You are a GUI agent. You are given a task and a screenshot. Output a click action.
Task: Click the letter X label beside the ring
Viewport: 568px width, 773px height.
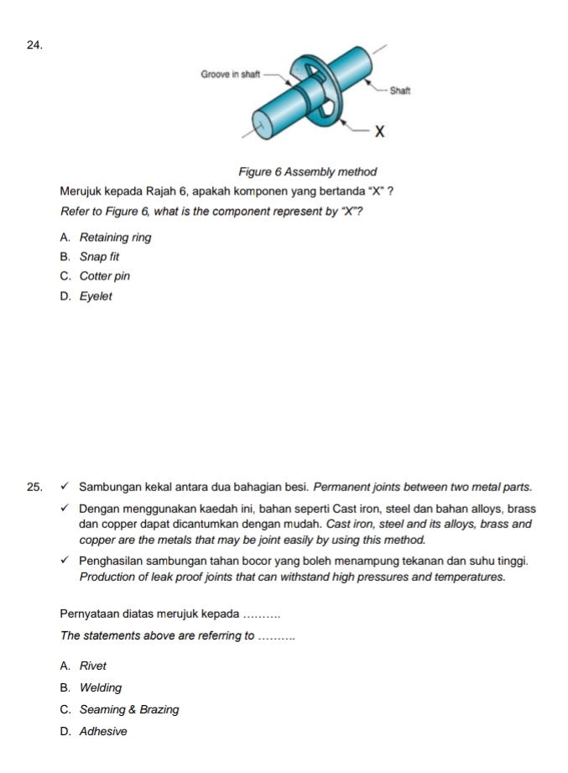pos(379,131)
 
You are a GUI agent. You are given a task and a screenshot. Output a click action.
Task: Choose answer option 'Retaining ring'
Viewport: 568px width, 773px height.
pos(115,238)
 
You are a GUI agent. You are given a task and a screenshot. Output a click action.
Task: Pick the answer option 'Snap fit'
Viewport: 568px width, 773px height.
pos(101,257)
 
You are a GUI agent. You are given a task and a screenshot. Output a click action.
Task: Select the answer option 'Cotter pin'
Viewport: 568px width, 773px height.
pos(105,276)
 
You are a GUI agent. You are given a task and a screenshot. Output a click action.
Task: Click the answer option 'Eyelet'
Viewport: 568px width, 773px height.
pos(96,296)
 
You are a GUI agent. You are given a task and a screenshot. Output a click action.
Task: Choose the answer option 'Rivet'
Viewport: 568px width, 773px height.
pos(93,666)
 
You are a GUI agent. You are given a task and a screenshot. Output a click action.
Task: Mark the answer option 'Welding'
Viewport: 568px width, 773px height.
pos(101,687)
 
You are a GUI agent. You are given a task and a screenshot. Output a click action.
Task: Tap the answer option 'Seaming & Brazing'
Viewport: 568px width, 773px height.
pos(129,709)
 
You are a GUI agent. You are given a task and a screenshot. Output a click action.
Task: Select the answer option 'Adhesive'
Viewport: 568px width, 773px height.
pos(103,731)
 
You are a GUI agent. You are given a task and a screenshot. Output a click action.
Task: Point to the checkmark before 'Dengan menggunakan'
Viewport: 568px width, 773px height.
pos(65,509)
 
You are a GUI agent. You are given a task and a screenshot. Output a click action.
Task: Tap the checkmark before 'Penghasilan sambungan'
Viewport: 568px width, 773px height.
pos(65,560)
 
